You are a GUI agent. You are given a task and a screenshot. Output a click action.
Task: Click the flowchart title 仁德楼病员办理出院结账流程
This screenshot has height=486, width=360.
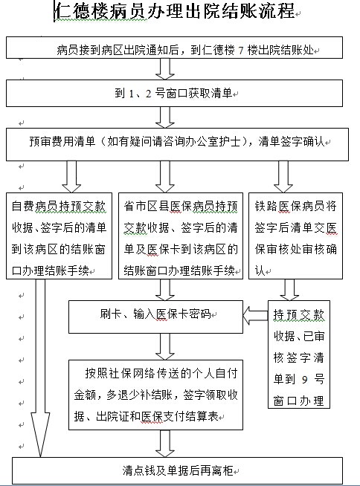click(174, 11)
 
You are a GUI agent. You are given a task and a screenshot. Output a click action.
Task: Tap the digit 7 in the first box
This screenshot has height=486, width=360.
click(241, 51)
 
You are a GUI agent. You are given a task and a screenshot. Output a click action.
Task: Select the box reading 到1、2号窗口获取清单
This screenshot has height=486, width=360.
click(174, 94)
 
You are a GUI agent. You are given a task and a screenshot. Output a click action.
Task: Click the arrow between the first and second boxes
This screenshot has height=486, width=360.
click(165, 69)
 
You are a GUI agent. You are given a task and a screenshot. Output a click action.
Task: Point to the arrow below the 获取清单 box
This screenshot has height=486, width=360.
click(165, 117)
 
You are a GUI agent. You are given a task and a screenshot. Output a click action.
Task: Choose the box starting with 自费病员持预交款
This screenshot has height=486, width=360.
click(59, 236)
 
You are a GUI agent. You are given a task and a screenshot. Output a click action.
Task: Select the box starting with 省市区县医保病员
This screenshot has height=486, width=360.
click(181, 236)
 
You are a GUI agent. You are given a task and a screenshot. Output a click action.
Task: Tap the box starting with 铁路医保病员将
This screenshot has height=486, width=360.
click(296, 236)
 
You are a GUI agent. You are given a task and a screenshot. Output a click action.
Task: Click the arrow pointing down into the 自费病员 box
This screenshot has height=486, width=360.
click(71, 177)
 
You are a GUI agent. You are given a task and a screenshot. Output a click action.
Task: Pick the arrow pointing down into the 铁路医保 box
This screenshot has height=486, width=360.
click(283, 177)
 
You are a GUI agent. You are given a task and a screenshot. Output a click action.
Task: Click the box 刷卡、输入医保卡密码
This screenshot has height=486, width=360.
click(155, 317)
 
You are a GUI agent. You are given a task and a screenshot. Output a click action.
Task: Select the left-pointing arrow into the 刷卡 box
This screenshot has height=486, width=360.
click(255, 316)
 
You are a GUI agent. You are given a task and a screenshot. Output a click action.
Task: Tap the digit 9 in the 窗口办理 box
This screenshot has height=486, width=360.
click(305, 379)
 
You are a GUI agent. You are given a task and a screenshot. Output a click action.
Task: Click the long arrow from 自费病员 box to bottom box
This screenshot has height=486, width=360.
click(40, 368)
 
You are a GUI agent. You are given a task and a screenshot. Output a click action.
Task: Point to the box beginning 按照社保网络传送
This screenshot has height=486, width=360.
click(155, 395)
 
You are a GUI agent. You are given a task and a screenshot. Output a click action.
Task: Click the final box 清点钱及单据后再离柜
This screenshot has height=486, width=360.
click(178, 470)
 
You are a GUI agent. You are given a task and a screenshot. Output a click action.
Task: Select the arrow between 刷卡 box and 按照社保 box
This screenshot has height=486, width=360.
click(165, 346)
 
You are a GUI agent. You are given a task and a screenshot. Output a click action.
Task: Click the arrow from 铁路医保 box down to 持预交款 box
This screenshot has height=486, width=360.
click(289, 290)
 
